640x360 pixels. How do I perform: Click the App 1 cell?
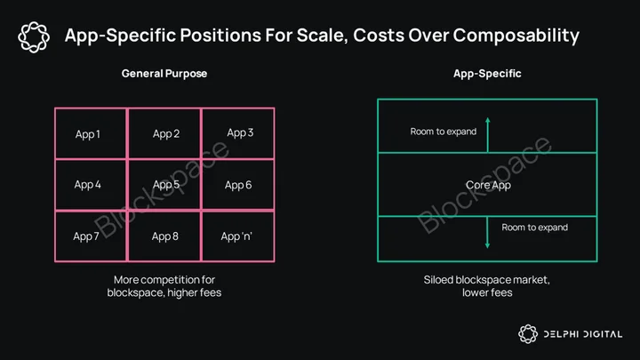tap(91, 133)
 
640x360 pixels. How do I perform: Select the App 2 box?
tap(164, 133)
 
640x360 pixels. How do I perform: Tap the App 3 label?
tap(240, 132)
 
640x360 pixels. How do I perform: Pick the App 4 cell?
tap(91, 185)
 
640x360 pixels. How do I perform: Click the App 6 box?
tap(238, 185)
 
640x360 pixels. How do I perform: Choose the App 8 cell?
tap(164, 236)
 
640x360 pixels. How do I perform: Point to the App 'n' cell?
tap(238, 236)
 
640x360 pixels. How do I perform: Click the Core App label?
tap(488, 185)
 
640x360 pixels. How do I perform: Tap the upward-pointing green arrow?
tap(487, 135)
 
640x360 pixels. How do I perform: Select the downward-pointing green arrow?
tap(487, 232)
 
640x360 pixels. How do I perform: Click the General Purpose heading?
tap(164, 74)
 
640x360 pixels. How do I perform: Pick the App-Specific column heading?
tap(487, 74)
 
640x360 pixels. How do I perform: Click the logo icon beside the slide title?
tap(34, 37)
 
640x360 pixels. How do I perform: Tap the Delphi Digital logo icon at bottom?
tap(528, 334)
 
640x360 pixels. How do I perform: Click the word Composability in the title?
tap(516, 36)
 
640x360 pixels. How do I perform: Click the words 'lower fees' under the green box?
tap(487, 292)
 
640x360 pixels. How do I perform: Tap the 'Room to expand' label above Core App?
tap(444, 132)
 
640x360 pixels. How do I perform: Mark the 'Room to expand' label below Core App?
tap(535, 228)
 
